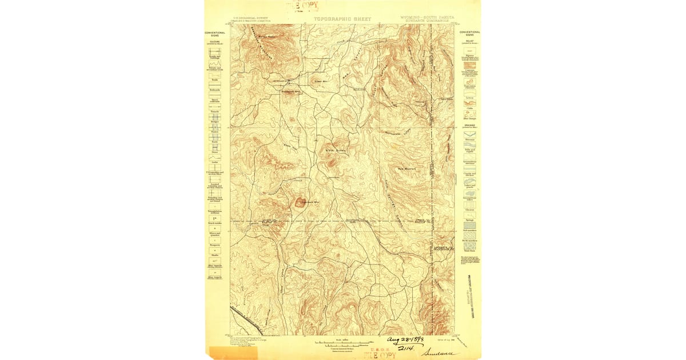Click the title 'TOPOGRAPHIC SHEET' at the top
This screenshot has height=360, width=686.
pos(342,19)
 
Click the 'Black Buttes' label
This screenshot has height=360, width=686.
pos(333,150)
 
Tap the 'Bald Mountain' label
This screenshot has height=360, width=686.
pos(406,169)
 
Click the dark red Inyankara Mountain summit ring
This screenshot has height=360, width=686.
pos(300,201)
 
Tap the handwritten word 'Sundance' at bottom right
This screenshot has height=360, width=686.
pos(440,353)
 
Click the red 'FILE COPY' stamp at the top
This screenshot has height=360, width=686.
pos(304,6)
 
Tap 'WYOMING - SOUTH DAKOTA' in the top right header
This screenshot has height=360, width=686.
pos(428,18)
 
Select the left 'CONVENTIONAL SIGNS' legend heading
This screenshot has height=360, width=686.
pos(215,34)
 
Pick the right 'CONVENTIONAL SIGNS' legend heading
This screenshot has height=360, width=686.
pos(470,33)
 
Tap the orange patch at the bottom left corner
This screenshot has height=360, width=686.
pos(225,352)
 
